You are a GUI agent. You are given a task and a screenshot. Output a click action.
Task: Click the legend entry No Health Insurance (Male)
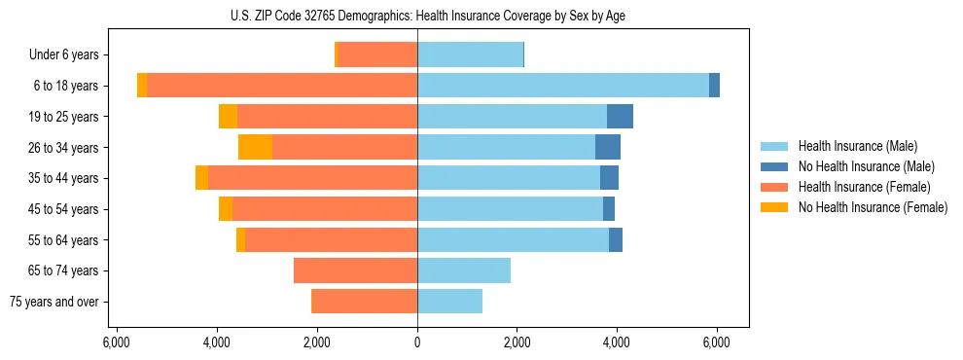(866, 166)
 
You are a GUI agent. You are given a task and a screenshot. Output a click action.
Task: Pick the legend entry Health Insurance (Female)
(864, 187)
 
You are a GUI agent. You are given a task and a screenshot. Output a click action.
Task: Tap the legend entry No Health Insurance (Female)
(873, 207)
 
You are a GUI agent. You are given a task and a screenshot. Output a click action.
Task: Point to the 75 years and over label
(53, 302)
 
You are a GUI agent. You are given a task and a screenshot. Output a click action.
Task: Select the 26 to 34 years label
(64, 148)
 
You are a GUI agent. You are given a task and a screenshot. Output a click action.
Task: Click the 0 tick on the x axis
(417, 342)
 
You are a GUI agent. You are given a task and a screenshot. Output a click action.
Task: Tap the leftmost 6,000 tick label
(117, 342)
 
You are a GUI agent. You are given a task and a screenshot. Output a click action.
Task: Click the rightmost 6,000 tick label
(717, 342)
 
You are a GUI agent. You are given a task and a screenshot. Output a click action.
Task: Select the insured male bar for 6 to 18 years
(563, 86)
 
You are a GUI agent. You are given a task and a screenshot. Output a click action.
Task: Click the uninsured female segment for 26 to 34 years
(255, 147)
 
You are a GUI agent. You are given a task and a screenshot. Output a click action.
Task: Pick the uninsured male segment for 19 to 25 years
(620, 117)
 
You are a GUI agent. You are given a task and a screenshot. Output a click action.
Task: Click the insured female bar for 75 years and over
(365, 302)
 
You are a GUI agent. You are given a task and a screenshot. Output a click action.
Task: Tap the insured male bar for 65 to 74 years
(464, 270)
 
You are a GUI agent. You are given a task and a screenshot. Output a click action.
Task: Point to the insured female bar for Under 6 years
(377, 55)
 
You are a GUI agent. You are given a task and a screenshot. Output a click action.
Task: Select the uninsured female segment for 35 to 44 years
(201, 178)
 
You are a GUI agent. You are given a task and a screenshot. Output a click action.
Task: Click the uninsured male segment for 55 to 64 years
(616, 239)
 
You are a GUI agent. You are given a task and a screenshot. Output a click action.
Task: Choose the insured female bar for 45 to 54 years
(325, 209)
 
